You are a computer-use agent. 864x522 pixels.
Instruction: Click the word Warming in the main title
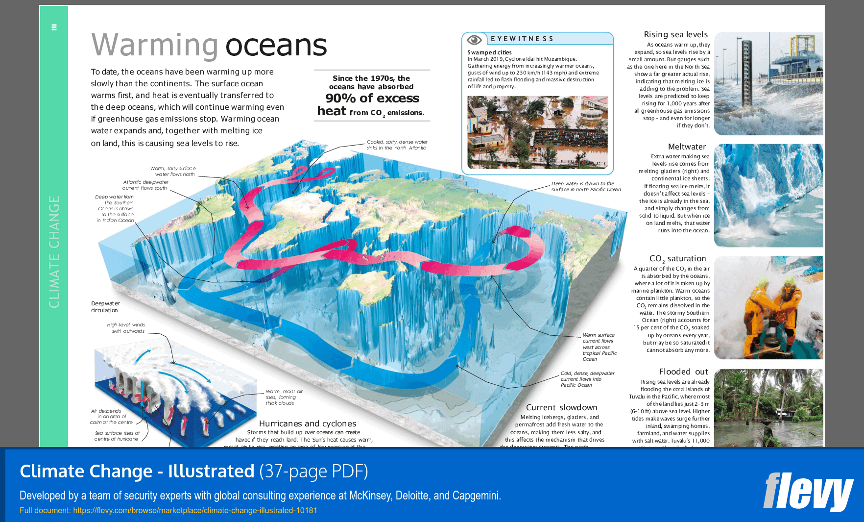154,45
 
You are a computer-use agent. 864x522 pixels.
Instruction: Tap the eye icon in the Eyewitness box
474,40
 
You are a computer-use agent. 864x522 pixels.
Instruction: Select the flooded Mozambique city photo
537,132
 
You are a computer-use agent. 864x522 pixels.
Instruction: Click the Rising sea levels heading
675,34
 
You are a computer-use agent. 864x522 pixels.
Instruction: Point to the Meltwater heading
687,147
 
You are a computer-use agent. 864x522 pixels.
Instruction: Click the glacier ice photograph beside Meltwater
768,195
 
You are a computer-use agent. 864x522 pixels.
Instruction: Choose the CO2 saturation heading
677,258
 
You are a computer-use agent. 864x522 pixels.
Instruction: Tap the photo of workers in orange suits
768,307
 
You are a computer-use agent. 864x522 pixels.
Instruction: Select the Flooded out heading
683,372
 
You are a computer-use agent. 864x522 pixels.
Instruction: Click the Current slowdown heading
561,407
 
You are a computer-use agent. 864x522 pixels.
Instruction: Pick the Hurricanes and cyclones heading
308,423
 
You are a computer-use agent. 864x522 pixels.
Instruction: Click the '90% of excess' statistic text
372,99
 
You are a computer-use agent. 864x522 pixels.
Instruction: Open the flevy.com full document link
195,510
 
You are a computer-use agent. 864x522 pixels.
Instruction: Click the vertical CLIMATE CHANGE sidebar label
54,251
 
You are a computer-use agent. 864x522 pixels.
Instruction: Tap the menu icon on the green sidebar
54,27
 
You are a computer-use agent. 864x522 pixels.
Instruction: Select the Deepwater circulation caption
105,307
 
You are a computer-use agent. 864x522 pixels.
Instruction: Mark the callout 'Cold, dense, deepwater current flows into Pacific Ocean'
587,379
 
